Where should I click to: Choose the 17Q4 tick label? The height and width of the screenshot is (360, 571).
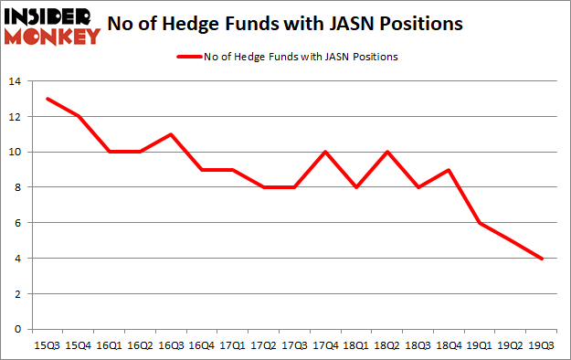coord(326,344)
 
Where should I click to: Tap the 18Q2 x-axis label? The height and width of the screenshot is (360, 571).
coord(388,344)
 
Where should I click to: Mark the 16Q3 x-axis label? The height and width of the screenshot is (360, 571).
coord(171,344)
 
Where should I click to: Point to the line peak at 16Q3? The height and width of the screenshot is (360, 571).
coord(171,134)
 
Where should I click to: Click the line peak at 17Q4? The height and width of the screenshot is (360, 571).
coord(326,152)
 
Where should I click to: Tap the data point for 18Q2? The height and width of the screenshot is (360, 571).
coord(388,152)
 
